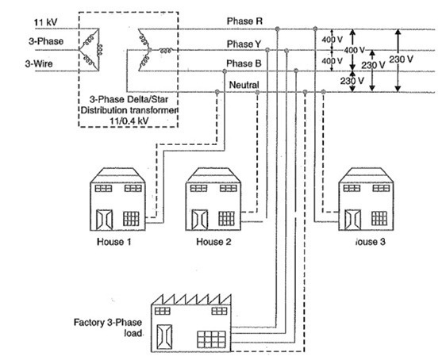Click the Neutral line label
(244, 85)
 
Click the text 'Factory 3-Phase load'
(108, 329)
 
